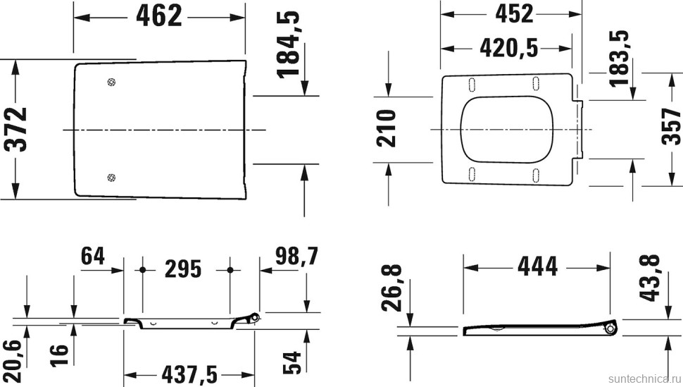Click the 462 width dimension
[x=159, y=16]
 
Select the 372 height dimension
[x=15, y=130]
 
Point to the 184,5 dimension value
[x=288, y=44]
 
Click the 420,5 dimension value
[x=508, y=47]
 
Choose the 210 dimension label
[x=386, y=128]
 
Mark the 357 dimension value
[x=672, y=127]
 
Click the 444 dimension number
[x=537, y=266]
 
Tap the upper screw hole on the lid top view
[x=110, y=82]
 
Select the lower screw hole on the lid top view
[x=110, y=177]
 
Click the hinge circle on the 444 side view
[x=610, y=328]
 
